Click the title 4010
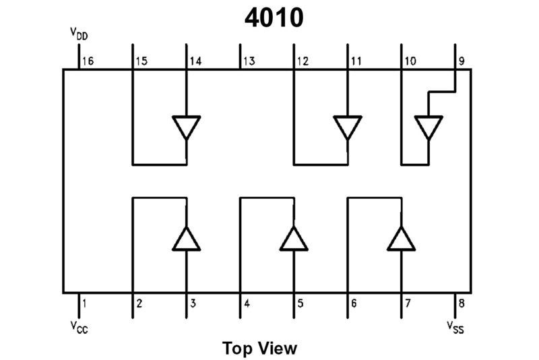(x=274, y=18)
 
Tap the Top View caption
(x=259, y=348)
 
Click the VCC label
(x=79, y=327)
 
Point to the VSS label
(x=455, y=327)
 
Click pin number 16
(x=87, y=61)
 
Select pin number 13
(x=249, y=61)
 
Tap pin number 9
(x=462, y=61)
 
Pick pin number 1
(x=84, y=303)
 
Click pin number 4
(x=247, y=303)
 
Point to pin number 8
(x=462, y=303)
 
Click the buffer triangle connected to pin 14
(x=186, y=127)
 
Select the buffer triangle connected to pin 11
(x=348, y=127)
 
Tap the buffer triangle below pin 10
(x=429, y=127)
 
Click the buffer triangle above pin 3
(x=186, y=239)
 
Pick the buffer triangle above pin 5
(x=294, y=239)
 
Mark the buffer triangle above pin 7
(x=402, y=239)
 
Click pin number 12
(x=302, y=61)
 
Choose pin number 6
(x=354, y=303)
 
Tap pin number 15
(x=141, y=61)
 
